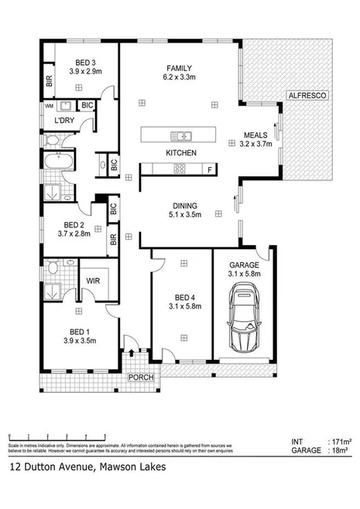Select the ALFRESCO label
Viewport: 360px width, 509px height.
coord(307,94)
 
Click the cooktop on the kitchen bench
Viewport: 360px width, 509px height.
coord(180,169)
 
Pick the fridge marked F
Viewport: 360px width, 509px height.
coord(209,169)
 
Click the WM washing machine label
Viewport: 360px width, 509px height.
coord(49,104)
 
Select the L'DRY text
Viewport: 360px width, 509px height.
coord(64,121)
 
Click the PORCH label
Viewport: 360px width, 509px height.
coord(142,377)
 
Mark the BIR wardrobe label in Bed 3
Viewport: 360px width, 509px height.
coord(48,80)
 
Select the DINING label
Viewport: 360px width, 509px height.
coord(184,204)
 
